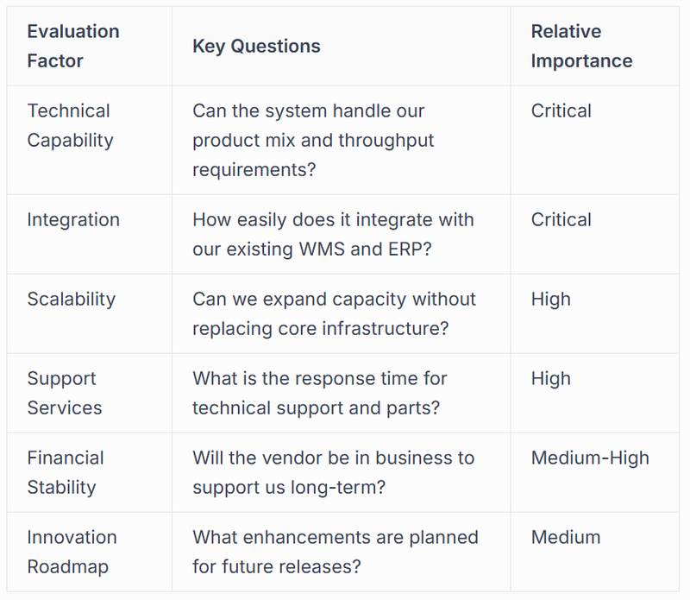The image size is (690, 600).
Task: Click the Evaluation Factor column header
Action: (x=73, y=46)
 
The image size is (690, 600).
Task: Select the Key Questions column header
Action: (x=256, y=46)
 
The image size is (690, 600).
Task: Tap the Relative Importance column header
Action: (x=581, y=46)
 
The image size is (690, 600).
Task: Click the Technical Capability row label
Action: (x=69, y=125)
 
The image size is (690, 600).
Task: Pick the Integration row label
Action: (x=73, y=219)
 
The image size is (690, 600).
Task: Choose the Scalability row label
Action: (x=71, y=299)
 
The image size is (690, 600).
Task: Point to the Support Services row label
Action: (x=65, y=393)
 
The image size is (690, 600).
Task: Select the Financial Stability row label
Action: (x=66, y=472)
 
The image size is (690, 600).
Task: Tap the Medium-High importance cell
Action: (x=590, y=458)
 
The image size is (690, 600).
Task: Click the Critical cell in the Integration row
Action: (x=561, y=219)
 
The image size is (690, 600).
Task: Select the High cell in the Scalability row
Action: (x=551, y=299)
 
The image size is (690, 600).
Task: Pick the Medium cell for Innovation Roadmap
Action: (x=566, y=537)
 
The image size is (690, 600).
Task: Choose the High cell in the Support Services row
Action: (x=551, y=378)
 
